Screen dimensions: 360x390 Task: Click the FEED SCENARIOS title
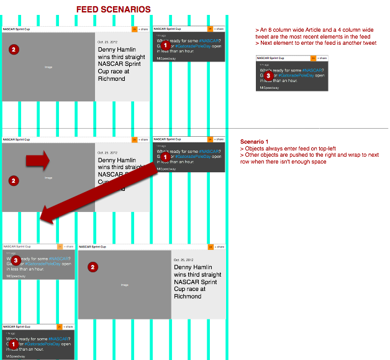(x=112, y=9)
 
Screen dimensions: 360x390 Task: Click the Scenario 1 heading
(x=255, y=142)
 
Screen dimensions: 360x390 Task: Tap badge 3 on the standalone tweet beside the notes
(x=268, y=75)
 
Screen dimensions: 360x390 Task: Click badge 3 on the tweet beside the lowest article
(x=17, y=261)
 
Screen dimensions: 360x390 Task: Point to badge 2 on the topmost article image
(x=14, y=49)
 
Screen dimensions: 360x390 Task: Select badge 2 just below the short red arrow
(x=14, y=180)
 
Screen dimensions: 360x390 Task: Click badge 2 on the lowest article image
(x=92, y=267)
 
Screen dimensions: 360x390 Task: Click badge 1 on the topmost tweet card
(x=165, y=45)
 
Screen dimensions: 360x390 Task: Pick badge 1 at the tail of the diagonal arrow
(x=165, y=158)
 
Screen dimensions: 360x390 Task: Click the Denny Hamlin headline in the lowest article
(x=197, y=282)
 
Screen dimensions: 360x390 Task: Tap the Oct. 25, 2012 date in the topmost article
(x=108, y=42)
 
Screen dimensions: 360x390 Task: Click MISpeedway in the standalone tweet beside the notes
(x=269, y=88)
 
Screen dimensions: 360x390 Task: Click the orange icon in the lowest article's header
(x=209, y=247)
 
